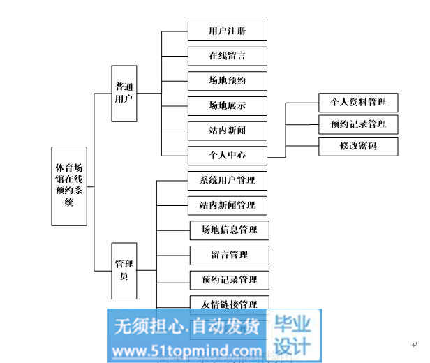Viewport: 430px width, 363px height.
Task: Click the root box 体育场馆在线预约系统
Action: pos(69,186)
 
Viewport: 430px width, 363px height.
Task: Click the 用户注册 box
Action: pos(228,31)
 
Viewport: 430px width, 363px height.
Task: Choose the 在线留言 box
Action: pos(228,56)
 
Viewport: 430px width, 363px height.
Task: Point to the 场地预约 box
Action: pos(228,81)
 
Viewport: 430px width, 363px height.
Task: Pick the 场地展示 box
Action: pos(228,106)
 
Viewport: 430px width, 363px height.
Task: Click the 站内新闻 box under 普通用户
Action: pos(228,130)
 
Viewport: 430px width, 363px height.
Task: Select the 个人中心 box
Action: pos(228,154)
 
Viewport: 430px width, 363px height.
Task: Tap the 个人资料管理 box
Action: pos(358,103)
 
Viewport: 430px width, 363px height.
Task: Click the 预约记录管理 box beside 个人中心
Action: pos(358,125)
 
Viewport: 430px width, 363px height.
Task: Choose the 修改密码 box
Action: pos(358,147)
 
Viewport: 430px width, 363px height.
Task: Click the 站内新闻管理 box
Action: pos(228,205)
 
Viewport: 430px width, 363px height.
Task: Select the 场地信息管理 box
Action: pos(229,230)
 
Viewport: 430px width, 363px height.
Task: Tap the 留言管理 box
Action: pos(229,255)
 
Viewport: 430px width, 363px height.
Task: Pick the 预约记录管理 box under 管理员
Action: pos(229,280)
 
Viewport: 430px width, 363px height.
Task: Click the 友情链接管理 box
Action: pos(229,304)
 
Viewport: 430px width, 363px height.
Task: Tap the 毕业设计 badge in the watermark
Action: pos(293,335)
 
